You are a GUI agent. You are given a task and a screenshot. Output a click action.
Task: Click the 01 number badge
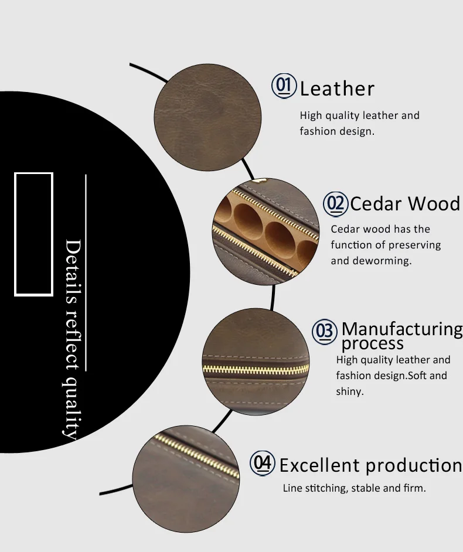[x=284, y=86]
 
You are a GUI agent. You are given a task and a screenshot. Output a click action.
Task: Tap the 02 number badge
[x=336, y=203]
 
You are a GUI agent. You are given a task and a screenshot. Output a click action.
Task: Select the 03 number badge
[x=324, y=331]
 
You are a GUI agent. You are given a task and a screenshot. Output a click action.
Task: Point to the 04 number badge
[x=263, y=464]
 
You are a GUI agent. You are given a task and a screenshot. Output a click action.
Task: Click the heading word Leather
[x=337, y=89]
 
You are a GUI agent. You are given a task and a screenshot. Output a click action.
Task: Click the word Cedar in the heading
[x=376, y=204]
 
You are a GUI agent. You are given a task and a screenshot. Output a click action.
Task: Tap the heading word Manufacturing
[x=402, y=329]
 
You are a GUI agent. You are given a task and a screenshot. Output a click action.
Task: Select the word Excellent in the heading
[x=319, y=465]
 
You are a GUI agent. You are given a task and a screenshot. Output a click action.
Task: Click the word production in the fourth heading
[x=413, y=465]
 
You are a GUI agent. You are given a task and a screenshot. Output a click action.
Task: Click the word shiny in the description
[x=349, y=391]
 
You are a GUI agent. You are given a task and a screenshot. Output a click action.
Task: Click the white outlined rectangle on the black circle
[x=34, y=233]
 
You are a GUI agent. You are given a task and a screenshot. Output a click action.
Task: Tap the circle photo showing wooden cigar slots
[x=265, y=232]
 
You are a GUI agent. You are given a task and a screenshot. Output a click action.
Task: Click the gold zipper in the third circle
[x=256, y=369]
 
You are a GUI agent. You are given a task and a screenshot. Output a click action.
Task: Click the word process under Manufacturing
[x=373, y=343]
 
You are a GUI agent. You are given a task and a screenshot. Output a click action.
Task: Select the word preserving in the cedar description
[x=413, y=245]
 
